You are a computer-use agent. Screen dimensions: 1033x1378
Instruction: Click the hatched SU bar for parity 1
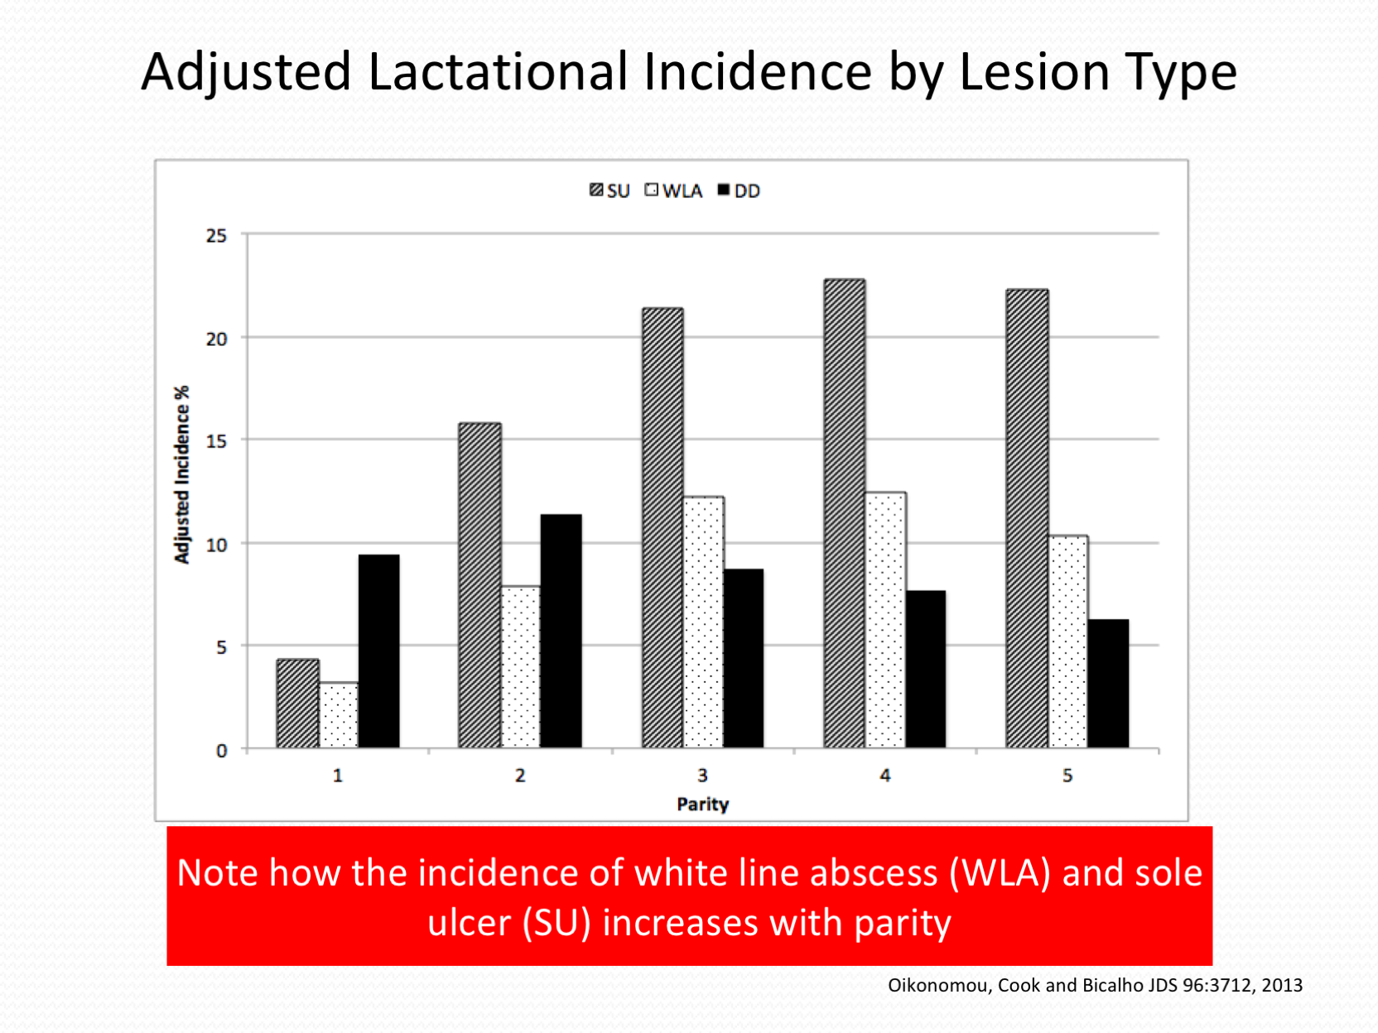[297, 704]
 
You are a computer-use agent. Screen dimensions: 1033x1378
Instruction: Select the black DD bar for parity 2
[561, 632]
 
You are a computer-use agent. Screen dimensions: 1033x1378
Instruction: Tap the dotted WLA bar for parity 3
[704, 622]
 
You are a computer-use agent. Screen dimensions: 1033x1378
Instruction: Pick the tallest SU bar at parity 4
[845, 513]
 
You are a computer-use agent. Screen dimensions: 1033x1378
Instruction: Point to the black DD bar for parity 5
[1108, 684]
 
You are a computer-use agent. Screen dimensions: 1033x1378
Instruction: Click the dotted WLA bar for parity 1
[339, 715]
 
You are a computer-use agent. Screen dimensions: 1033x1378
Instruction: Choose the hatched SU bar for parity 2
[479, 585]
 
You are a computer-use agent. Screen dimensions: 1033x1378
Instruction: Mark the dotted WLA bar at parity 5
[1068, 641]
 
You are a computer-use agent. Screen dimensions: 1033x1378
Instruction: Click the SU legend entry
[609, 191]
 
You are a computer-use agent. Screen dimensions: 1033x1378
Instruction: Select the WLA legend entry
[673, 191]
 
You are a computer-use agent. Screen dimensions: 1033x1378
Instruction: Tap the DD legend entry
[739, 191]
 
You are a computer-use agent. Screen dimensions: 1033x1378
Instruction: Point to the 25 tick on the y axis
[216, 236]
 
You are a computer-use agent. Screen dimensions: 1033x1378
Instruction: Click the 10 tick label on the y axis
[216, 545]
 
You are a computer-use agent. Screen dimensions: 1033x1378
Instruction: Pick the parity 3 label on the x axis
[702, 776]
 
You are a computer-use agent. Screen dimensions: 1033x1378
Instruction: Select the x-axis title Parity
[702, 804]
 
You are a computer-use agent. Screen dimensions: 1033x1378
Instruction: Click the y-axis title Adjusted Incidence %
[182, 474]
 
